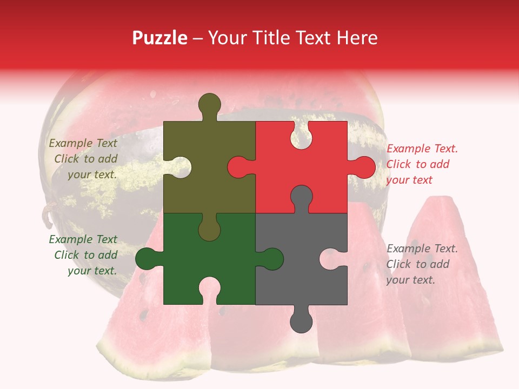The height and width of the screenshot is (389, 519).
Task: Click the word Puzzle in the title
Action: click(159, 38)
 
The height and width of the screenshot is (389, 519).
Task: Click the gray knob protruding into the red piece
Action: click(301, 198)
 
